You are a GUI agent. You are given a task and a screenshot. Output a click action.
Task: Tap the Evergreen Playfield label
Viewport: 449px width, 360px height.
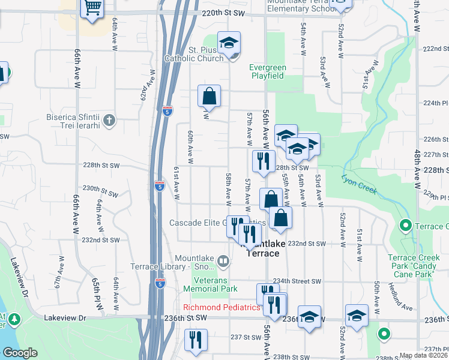coord(268,71)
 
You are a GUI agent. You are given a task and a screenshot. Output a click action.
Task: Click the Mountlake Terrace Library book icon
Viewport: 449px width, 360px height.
coord(223,261)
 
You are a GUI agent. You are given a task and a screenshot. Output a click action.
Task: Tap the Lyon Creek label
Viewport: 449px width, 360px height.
coord(359,184)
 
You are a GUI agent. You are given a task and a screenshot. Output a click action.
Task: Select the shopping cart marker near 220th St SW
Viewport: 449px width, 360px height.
coord(92,9)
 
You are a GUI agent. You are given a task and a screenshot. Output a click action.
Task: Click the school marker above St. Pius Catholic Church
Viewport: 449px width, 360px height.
coord(229,43)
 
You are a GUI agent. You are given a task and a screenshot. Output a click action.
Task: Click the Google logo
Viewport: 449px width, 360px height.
coord(20,353)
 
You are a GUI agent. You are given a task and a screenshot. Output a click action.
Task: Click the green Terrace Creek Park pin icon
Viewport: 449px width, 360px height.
coord(405,226)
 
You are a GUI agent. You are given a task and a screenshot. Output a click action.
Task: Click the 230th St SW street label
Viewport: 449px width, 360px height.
coord(101,192)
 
